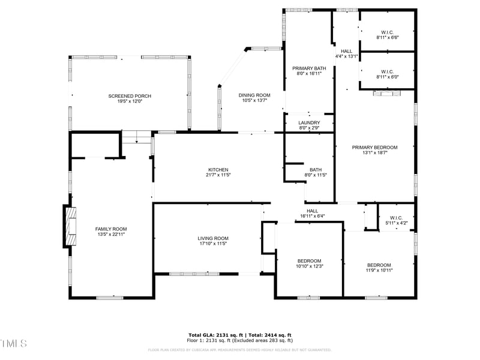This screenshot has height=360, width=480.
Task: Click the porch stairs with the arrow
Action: coord(137,137)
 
